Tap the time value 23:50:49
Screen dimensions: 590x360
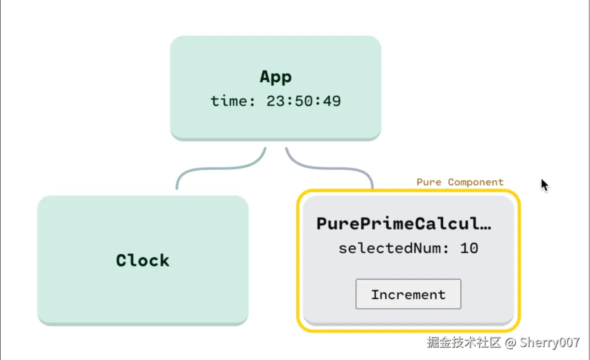303,101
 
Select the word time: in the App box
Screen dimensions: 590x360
233,101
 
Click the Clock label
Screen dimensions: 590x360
142,260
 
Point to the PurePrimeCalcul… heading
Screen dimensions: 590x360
403,224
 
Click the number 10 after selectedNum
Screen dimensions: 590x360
469,248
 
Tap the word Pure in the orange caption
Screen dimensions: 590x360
429,182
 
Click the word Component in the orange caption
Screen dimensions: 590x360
475,182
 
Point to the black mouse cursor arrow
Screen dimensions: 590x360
544,184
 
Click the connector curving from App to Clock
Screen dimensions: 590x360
221,168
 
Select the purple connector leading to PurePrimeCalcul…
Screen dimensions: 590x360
329,168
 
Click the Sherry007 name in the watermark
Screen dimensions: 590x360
549,342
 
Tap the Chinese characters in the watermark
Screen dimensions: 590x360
464,342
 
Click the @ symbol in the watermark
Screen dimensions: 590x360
510,342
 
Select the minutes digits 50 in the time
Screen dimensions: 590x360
303,101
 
